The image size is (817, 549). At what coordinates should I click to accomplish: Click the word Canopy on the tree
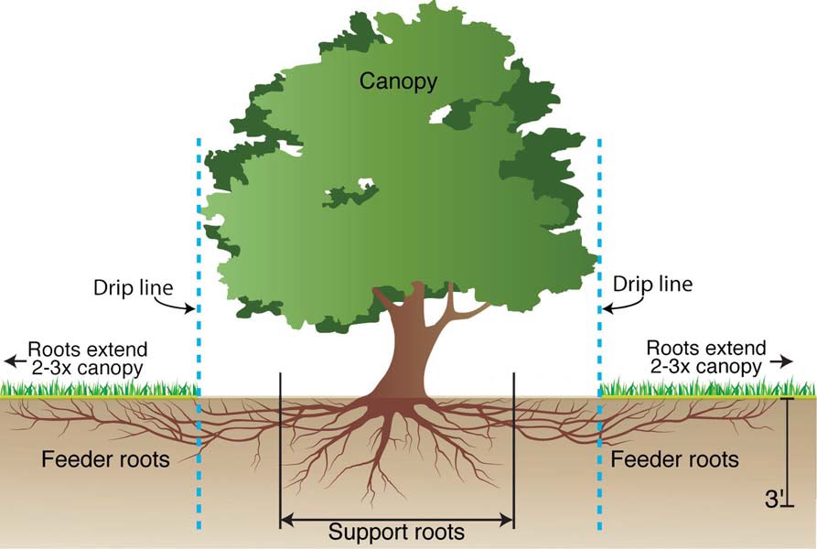click(x=398, y=81)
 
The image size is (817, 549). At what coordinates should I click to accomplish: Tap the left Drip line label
click(x=133, y=286)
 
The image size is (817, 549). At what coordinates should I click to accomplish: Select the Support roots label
click(x=396, y=532)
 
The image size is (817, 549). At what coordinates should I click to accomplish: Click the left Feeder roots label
click(x=105, y=458)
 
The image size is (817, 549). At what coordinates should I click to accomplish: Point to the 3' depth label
click(x=774, y=501)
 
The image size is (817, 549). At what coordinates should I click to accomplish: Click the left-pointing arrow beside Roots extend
click(x=13, y=360)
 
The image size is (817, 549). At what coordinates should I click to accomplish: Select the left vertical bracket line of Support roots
click(x=279, y=439)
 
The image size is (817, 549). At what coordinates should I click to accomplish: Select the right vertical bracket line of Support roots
click(x=514, y=439)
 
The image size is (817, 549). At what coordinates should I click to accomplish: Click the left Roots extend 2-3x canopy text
click(x=87, y=359)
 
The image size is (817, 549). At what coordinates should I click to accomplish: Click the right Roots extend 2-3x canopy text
click(x=704, y=358)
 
